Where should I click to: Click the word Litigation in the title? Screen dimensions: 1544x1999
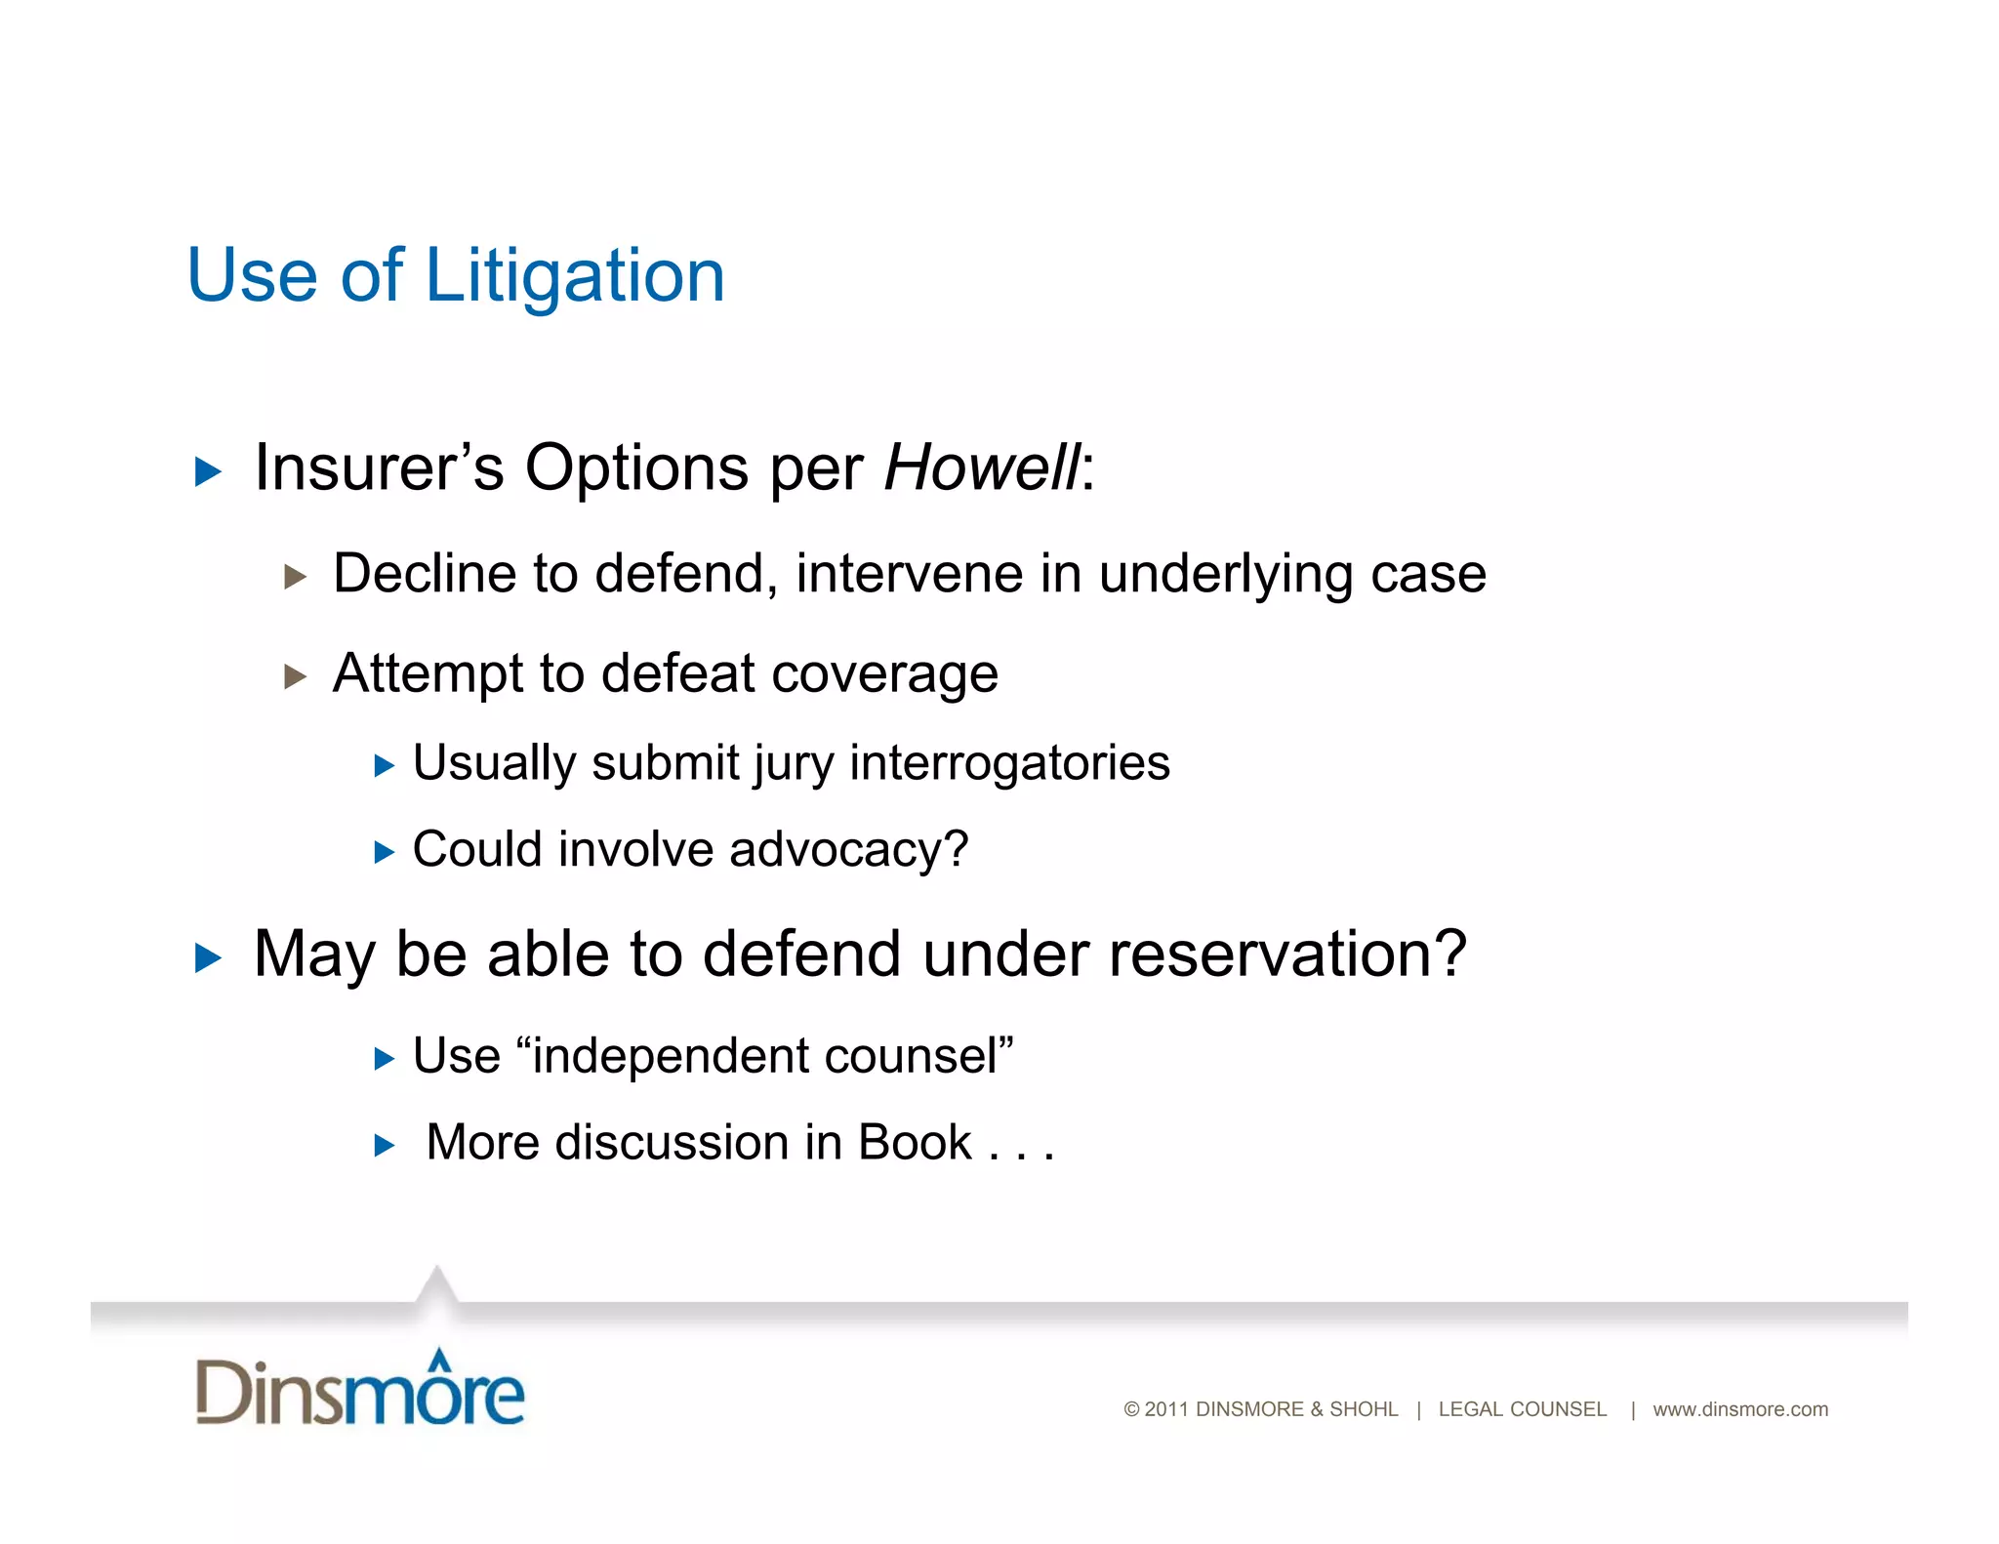(575, 276)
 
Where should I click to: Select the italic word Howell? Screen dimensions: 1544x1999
(981, 467)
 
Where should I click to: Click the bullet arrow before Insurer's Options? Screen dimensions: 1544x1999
(208, 472)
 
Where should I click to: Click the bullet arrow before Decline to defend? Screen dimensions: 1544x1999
(295, 577)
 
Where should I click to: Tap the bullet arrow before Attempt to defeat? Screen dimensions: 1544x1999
(295, 676)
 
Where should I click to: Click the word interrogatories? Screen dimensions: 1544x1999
(1009, 762)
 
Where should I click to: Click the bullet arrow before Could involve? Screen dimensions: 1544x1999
(385, 853)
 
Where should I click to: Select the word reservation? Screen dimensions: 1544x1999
(1275, 954)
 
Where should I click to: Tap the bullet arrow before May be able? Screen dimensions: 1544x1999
(208, 958)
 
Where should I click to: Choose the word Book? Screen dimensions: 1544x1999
(914, 1143)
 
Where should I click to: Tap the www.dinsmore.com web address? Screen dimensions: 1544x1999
(1739, 1409)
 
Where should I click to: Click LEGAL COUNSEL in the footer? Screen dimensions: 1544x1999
(1522, 1409)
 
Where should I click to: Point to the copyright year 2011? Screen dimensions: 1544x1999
(1165, 1409)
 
